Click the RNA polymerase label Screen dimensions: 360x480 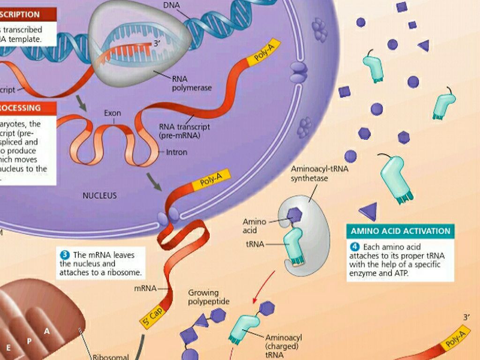pyautogui.click(x=192, y=83)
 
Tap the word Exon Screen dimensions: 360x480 pyautogui.click(x=112, y=113)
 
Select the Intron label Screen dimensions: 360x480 pyautogui.click(x=177, y=152)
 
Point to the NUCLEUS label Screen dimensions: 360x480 pyautogui.click(x=99, y=195)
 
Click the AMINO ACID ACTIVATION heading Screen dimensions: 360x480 pyautogui.click(x=400, y=231)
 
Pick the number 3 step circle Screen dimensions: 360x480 pyautogui.click(x=65, y=255)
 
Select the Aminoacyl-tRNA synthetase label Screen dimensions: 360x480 pyautogui.click(x=319, y=173)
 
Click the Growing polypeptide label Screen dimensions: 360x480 pyautogui.click(x=209, y=297)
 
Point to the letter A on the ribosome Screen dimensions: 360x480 pyautogui.click(x=47, y=331)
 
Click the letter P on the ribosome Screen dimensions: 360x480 pyautogui.click(x=29, y=341)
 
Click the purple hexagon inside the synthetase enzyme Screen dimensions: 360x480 pyautogui.click(x=294, y=215)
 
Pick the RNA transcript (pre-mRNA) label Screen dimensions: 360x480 pyautogui.click(x=184, y=131)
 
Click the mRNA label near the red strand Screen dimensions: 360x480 pyautogui.click(x=145, y=288)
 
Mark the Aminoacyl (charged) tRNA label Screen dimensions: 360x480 pyautogui.click(x=284, y=346)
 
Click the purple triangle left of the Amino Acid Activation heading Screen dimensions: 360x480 pyautogui.click(x=368, y=211)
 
